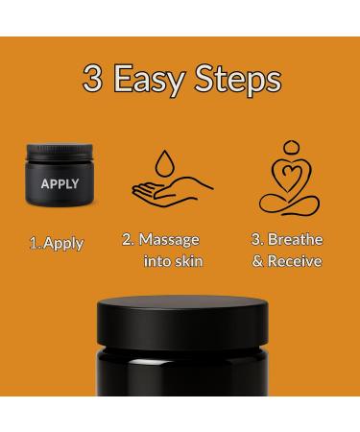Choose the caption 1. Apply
(55, 242)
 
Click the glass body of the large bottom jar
(180, 403)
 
